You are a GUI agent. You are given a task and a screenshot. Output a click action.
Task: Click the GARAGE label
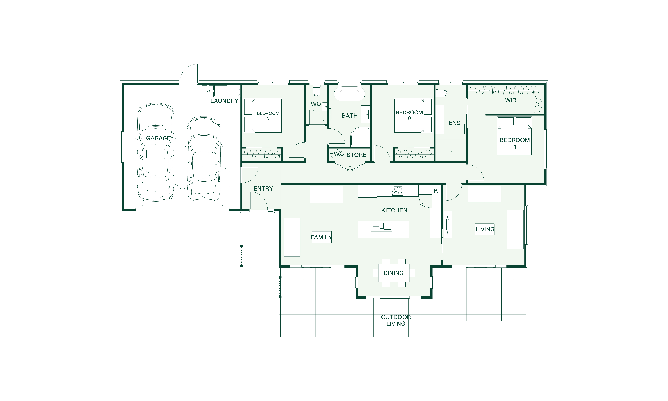click(x=158, y=138)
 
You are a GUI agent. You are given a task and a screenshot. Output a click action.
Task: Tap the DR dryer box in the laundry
click(x=207, y=91)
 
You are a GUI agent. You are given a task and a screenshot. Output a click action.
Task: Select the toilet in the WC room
click(x=316, y=91)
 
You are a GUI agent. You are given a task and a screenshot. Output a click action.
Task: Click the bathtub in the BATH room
click(x=349, y=94)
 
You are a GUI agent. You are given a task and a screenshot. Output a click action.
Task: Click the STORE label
click(x=356, y=155)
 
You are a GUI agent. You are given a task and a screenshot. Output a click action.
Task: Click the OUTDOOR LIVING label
click(x=396, y=320)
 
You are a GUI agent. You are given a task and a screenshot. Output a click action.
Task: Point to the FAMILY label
click(x=321, y=237)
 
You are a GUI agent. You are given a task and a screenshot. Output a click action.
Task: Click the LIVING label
click(x=485, y=229)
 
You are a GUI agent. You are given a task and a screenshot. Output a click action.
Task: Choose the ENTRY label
click(x=263, y=189)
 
